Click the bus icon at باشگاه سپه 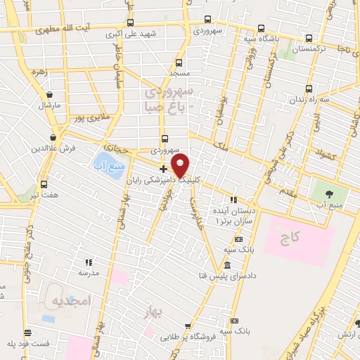pyautogui.click(x=261, y=29)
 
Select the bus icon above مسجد pyautogui.click(x=179, y=62)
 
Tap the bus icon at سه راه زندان pyautogui.click(x=310, y=89)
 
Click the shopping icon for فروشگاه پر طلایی pyautogui.click(x=187, y=325)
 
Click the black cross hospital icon pyautogui.click(x=164, y=169)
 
